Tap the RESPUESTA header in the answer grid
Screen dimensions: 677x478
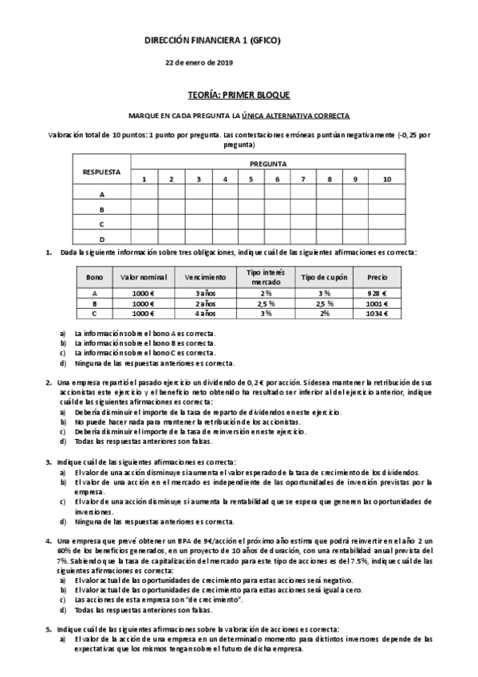tap(101, 171)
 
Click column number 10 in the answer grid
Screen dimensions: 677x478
tap(387, 178)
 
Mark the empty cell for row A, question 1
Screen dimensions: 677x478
tap(144, 193)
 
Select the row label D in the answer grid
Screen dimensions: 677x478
tap(101, 238)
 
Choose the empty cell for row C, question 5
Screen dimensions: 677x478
tap(250, 224)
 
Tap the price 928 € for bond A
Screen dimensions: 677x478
tap(377, 293)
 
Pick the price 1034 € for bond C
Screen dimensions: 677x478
tap(377, 314)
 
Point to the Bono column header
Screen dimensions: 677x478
tap(94, 276)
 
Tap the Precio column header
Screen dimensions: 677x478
tap(377, 276)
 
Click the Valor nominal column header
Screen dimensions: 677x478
tap(143, 276)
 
